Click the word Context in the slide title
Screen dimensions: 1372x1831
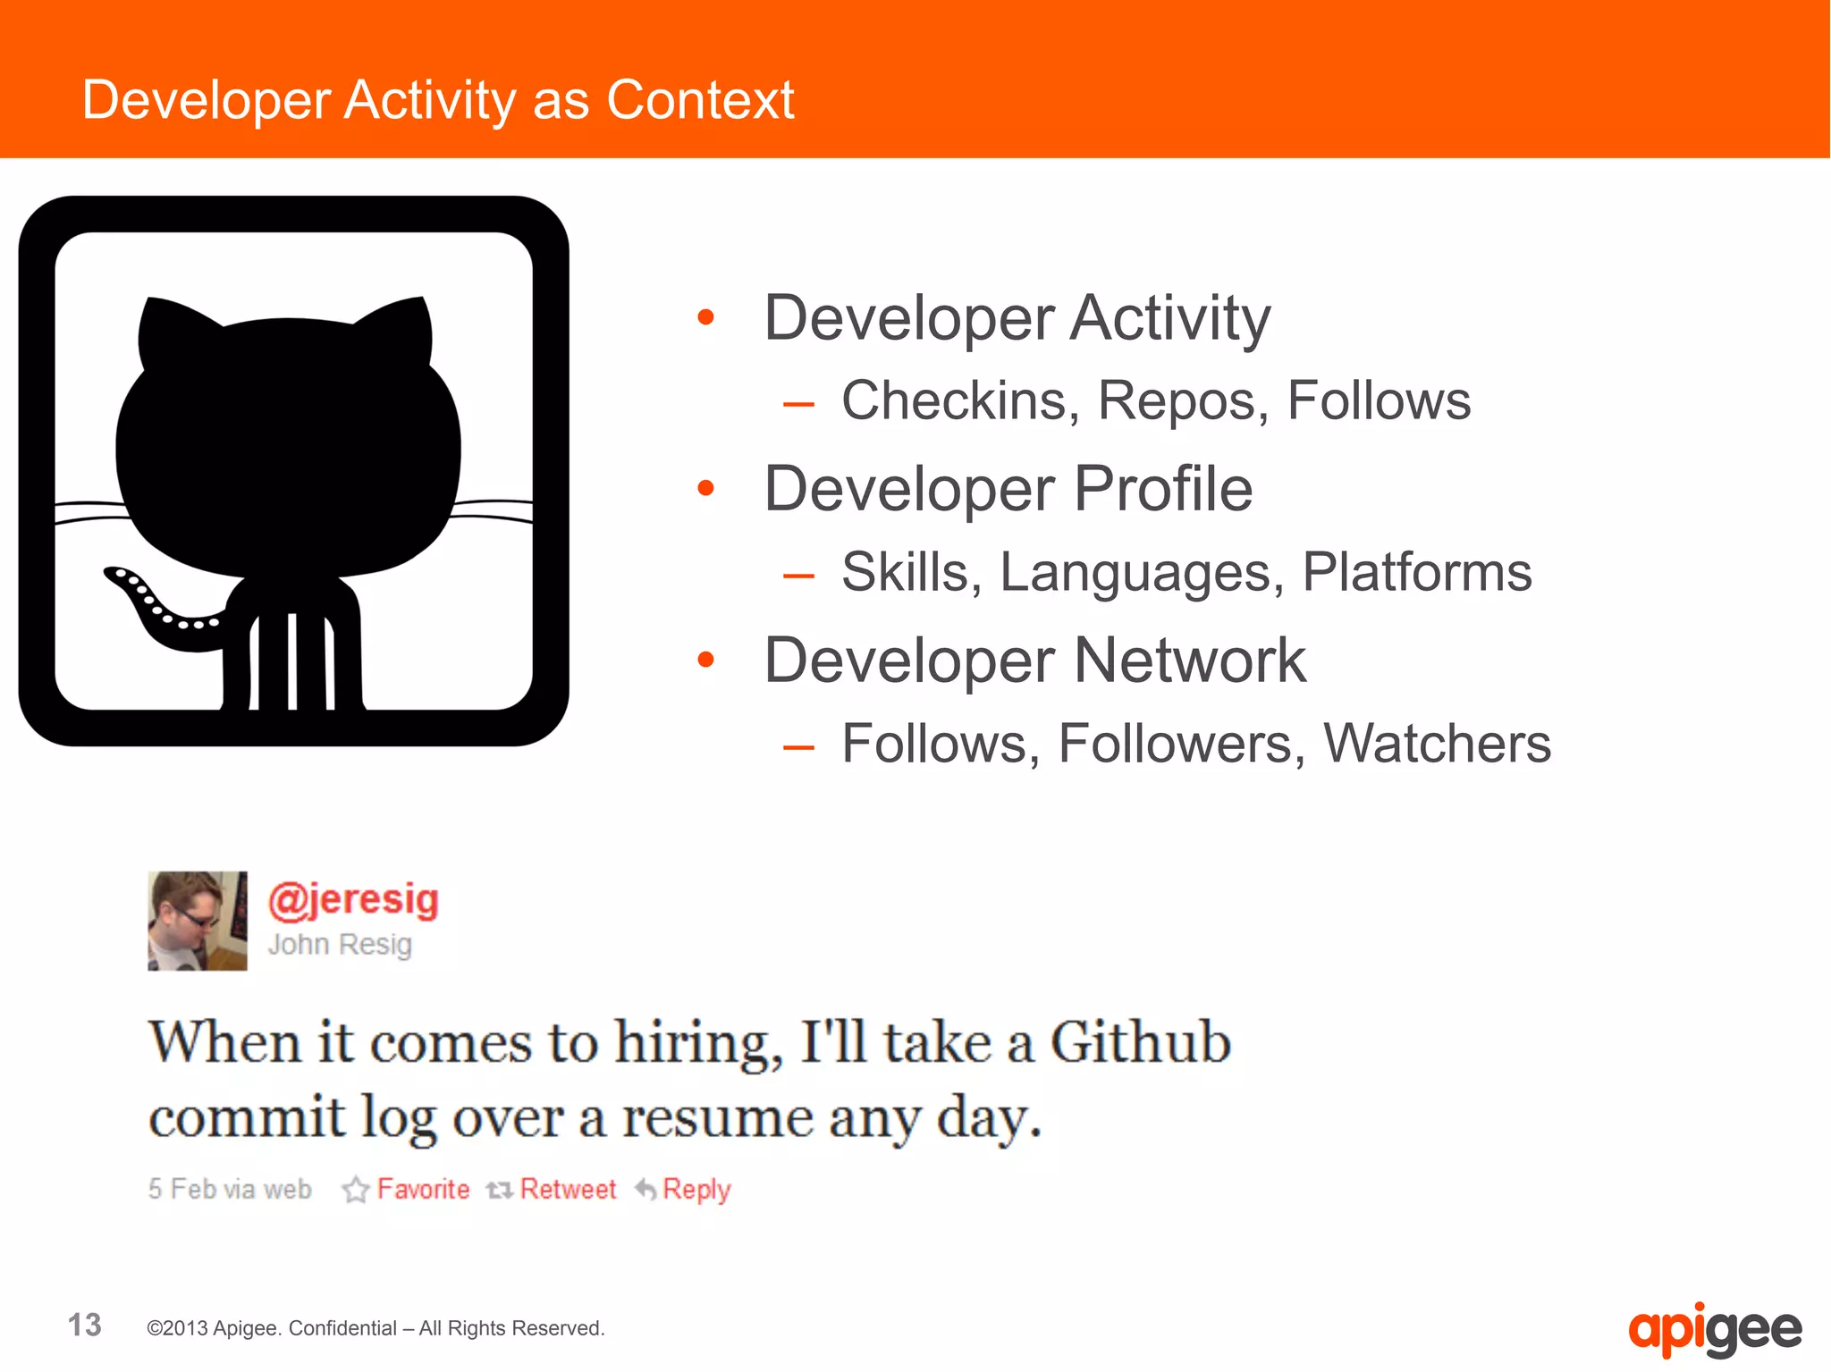(700, 99)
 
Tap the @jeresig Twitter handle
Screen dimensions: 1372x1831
(354, 899)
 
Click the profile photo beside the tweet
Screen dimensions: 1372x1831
(198, 921)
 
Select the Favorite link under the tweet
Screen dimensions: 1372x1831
(423, 1189)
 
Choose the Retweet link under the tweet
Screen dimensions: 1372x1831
(568, 1189)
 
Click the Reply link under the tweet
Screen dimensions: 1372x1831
(696, 1190)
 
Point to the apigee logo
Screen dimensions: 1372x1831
(1714, 1329)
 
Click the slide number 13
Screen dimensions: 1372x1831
(85, 1325)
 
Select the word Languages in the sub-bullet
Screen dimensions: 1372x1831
(1135, 572)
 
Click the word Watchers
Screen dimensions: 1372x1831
(1437, 744)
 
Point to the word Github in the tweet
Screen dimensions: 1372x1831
(1141, 1042)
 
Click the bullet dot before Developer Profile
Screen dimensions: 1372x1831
(706, 488)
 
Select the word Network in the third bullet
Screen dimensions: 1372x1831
(1190, 661)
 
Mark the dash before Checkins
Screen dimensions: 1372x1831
(798, 404)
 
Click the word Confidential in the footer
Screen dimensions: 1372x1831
(342, 1328)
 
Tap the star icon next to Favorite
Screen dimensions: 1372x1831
(356, 1189)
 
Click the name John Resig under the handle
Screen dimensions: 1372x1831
(340, 944)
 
